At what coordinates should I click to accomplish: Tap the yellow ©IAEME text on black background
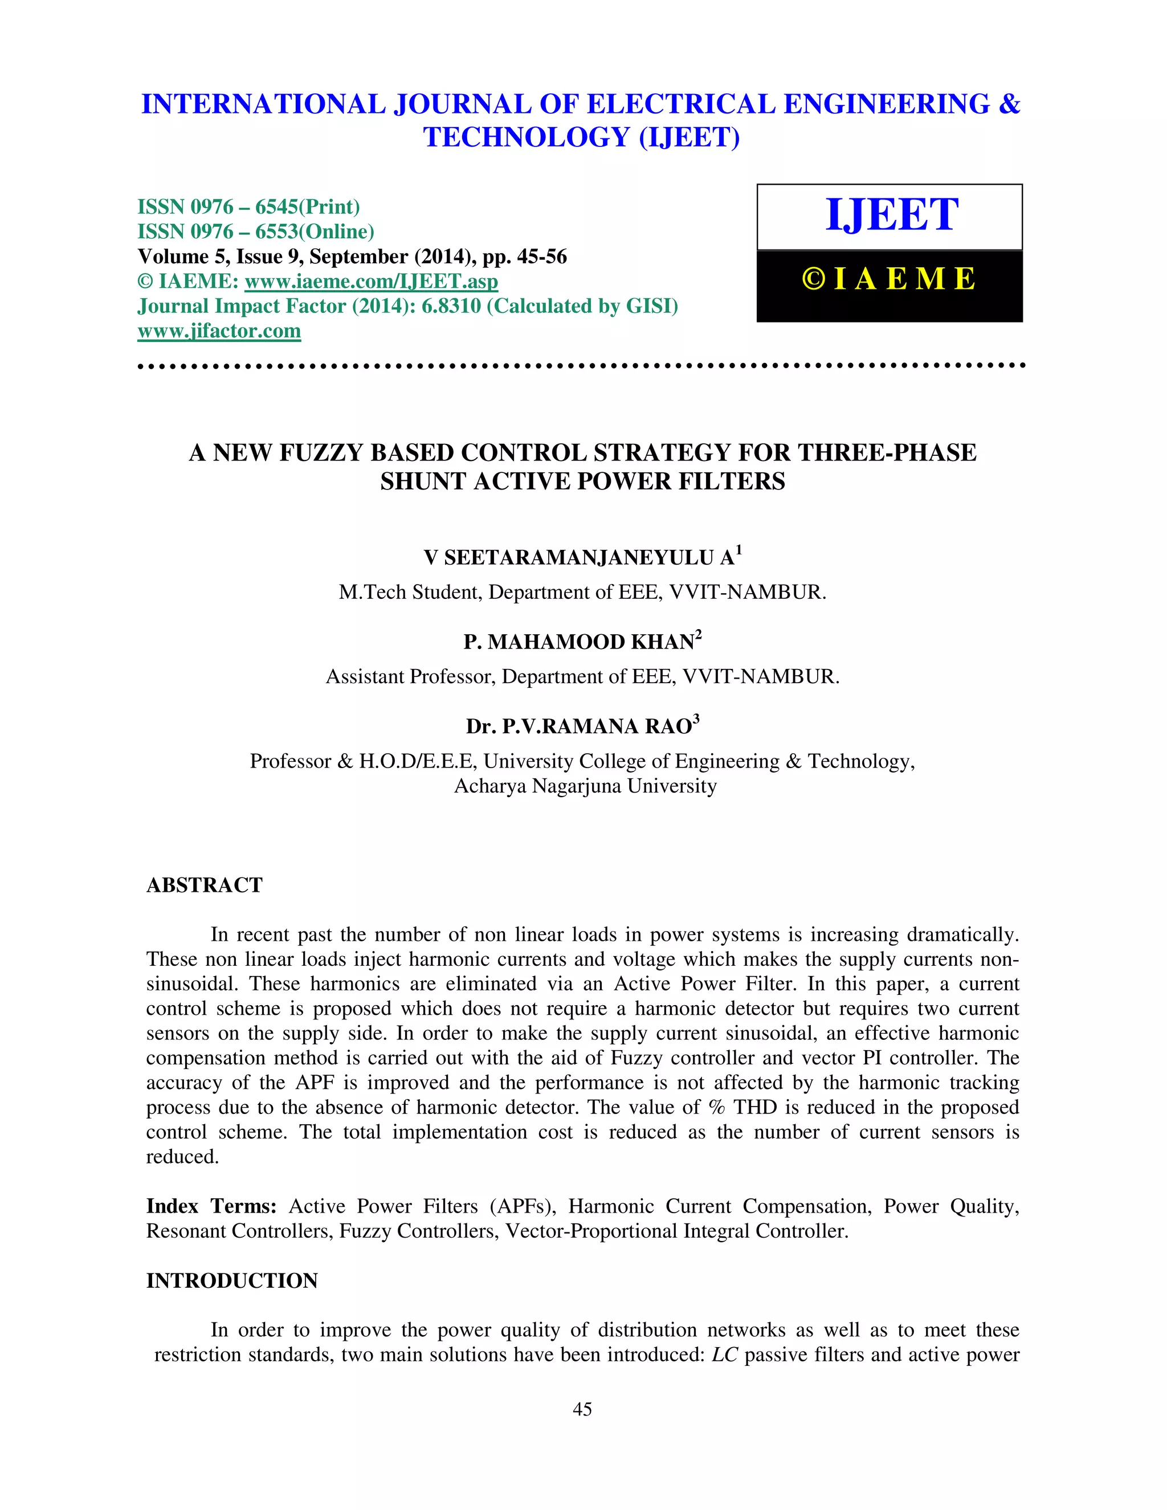[x=889, y=279]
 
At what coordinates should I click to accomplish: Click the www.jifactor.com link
[x=219, y=331]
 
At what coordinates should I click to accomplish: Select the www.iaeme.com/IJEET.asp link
[x=372, y=281]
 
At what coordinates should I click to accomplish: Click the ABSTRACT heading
[x=204, y=885]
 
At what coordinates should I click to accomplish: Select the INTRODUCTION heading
[x=231, y=1280]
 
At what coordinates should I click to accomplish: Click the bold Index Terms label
[x=211, y=1206]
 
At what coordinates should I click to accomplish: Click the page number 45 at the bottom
[x=583, y=1410]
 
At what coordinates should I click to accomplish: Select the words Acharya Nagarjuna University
[x=585, y=786]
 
